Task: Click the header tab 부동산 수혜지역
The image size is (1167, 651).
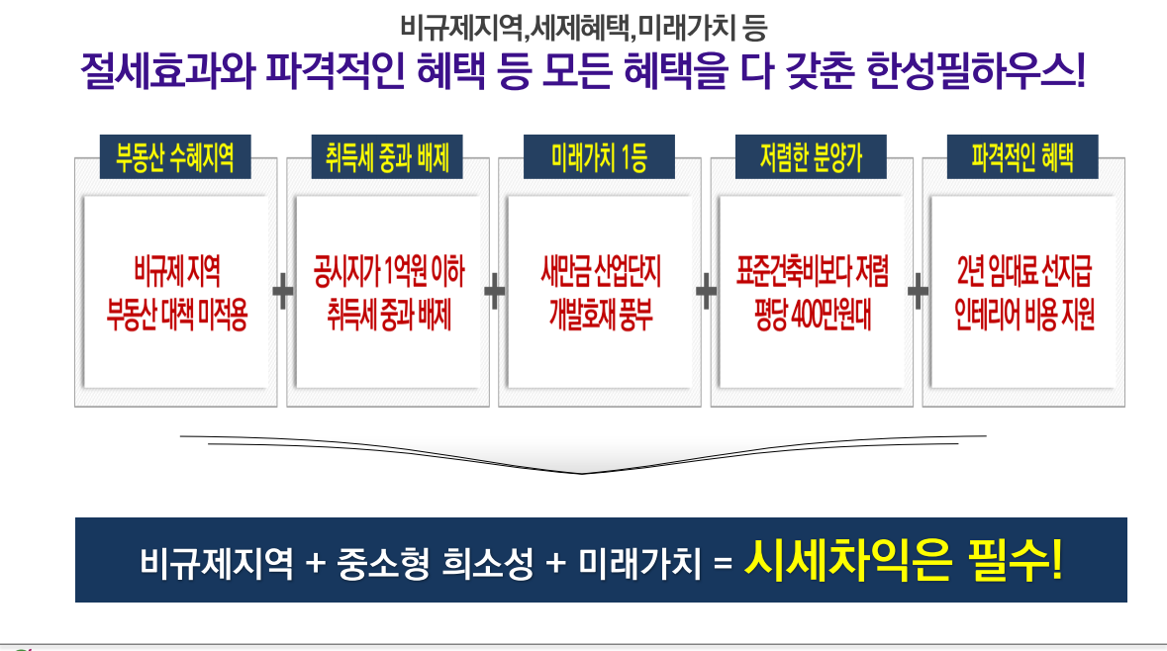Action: coord(175,158)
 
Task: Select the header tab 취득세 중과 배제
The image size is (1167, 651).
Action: coord(387,158)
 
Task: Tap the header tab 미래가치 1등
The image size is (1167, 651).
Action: coord(599,158)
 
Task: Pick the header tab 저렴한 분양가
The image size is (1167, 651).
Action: coord(811,158)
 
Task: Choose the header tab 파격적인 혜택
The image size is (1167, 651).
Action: coord(1022,158)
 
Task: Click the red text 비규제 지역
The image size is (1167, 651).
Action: coord(176,268)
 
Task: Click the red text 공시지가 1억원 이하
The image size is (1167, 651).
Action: coord(388,268)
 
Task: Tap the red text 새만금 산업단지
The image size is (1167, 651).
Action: coord(600,268)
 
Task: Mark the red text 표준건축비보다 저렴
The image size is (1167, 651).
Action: coord(812,268)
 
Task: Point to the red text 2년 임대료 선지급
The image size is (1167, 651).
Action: coord(1023,268)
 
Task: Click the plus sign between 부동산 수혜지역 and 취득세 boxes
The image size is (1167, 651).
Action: coord(282,291)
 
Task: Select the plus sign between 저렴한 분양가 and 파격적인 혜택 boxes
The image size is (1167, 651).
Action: coord(918,291)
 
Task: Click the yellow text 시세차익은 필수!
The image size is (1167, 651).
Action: coord(904,562)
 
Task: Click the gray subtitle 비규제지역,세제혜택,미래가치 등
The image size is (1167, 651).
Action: coord(583,25)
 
